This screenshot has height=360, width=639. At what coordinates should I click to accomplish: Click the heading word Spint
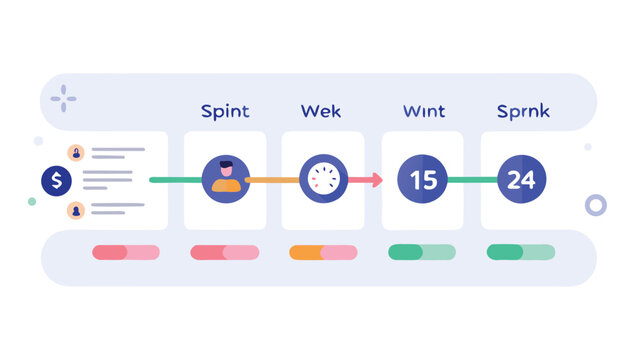pos(224,111)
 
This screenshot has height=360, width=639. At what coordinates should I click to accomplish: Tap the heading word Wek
pos(322,111)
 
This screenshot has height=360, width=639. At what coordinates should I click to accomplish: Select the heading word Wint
pos(423,111)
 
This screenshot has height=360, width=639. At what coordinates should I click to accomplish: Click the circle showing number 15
pos(422,180)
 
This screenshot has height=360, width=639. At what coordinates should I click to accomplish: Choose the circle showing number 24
pos(521,180)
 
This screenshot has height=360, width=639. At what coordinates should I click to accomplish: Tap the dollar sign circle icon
pos(57,181)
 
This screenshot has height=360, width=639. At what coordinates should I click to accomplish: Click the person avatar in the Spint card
pos(226,179)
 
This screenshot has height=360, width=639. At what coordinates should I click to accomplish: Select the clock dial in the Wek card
pos(323,180)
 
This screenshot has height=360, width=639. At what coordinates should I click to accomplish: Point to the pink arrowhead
pos(376,180)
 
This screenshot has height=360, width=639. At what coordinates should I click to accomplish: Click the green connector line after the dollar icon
pos(174,180)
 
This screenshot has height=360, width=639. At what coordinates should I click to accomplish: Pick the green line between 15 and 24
pos(471,180)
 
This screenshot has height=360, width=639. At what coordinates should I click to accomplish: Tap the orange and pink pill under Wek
pos(323,252)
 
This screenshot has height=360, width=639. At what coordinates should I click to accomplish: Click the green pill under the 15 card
pos(421,252)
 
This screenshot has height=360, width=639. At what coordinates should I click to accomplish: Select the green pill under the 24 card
pos(520,252)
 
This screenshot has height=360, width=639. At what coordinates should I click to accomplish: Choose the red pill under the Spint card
pos(224,252)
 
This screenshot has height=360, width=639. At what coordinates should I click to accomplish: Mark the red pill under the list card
pos(125,252)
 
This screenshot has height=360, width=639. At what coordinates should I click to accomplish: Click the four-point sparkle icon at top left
pos(64,98)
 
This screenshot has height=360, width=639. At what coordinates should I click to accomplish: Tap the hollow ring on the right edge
pos(596,206)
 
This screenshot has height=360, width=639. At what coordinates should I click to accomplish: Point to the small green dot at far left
pos(32,201)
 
